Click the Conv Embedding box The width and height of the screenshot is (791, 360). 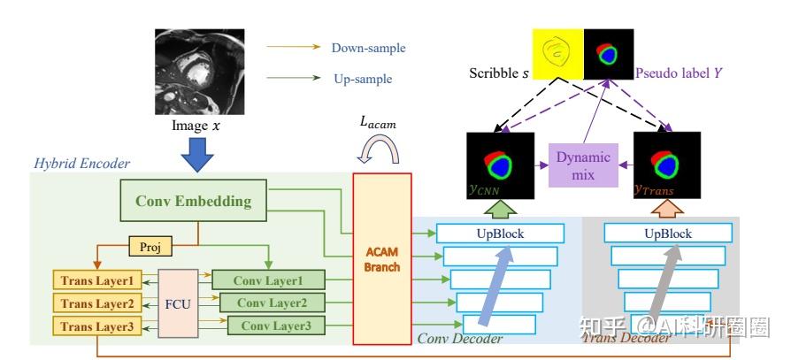pyautogui.click(x=194, y=202)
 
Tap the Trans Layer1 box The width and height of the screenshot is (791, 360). pyautogui.click(x=96, y=281)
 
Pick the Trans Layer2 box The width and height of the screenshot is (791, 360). pyautogui.click(x=96, y=303)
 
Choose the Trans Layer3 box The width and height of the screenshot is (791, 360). pyautogui.click(x=96, y=326)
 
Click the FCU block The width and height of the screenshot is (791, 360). pyautogui.click(x=177, y=303)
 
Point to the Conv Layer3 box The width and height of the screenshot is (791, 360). pyautogui.click(x=276, y=326)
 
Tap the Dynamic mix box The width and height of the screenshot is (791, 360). pyautogui.click(x=583, y=165)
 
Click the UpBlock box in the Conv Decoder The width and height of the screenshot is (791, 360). pyautogui.click(x=500, y=234)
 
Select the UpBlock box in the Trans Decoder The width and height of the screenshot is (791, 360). pyautogui.click(x=668, y=234)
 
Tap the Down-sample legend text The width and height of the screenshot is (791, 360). pyautogui.click(x=369, y=48)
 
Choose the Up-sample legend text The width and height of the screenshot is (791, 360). pyautogui.click(x=363, y=79)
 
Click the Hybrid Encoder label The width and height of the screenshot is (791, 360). pyautogui.click(x=81, y=164)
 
